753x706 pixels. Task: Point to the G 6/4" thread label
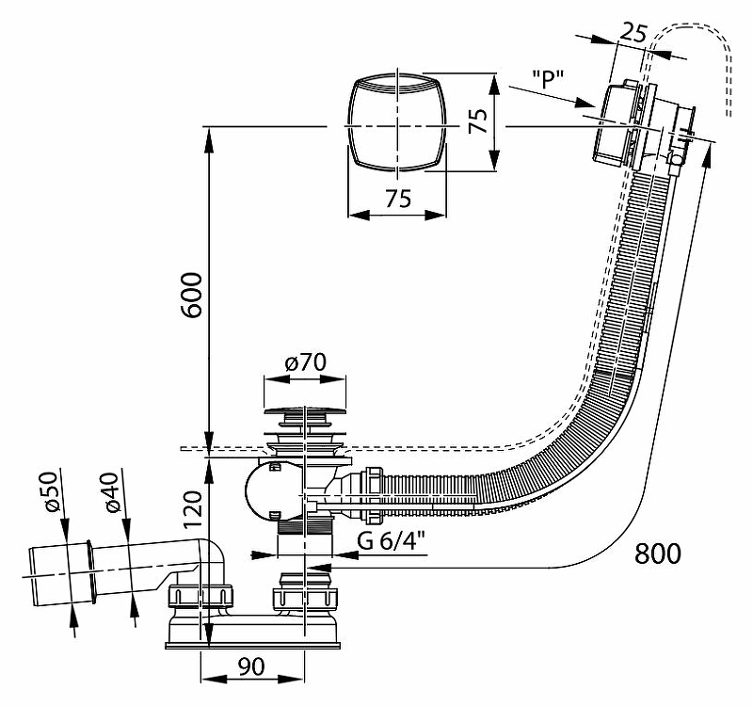pyautogui.click(x=389, y=543)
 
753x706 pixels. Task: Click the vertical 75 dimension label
pyautogui.click(x=478, y=121)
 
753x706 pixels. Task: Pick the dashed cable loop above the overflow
pyautogui.click(x=697, y=47)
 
